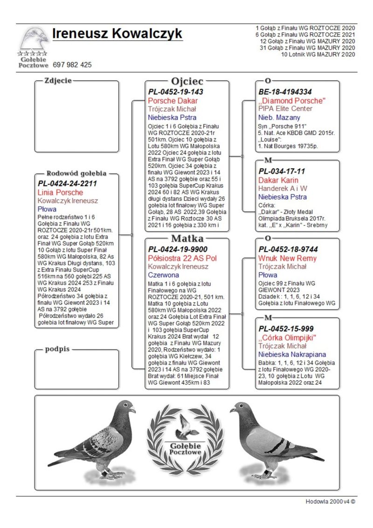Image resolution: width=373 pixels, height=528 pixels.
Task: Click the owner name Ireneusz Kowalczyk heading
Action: tap(117, 34)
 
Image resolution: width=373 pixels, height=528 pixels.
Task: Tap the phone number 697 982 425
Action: tap(72, 65)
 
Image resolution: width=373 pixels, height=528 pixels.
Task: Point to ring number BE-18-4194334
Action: tap(285, 92)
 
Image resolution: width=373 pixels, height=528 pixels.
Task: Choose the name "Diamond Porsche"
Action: tap(291, 101)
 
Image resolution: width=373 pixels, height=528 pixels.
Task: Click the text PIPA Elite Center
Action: tap(285, 109)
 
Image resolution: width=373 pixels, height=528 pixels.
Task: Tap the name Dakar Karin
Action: tap(278, 180)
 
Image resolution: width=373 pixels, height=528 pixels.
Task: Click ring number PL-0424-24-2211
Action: tap(67, 183)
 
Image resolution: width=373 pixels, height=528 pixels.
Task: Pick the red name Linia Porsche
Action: tap(60, 192)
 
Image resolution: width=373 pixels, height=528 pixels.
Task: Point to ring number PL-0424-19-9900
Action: tap(178, 249)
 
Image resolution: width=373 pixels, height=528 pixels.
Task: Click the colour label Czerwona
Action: tap(164, 275)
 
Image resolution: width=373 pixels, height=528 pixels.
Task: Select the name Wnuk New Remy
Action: tap(287, 259)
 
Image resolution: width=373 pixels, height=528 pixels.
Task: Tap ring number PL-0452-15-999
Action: tap(285, 329)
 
